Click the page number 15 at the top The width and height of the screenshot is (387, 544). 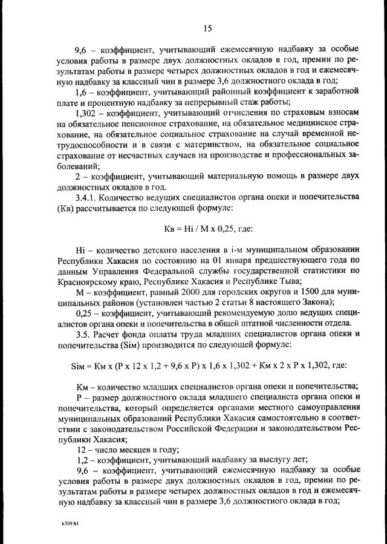click(206, 27)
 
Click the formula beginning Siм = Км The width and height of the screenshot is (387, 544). click(205, 366)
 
